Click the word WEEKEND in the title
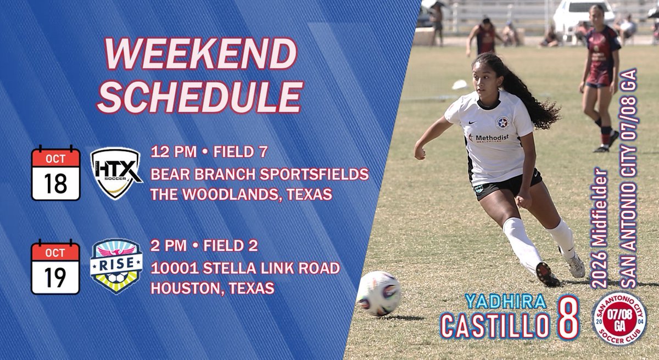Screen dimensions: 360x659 click(x=200, y=57)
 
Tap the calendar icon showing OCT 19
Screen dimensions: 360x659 click(x=55, y=266)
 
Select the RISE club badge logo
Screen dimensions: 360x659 click(x=116, y=266)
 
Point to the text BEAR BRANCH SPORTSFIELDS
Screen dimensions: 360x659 click(x=259, y=175)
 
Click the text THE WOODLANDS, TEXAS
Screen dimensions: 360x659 click(x=241, y=194)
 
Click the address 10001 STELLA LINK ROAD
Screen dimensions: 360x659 click(x=245, y=268)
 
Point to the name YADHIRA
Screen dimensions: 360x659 click(x=505, y=301)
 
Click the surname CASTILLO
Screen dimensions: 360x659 click(x=494, y=325)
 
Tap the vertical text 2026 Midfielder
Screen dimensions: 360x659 click(x=601, y=230)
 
